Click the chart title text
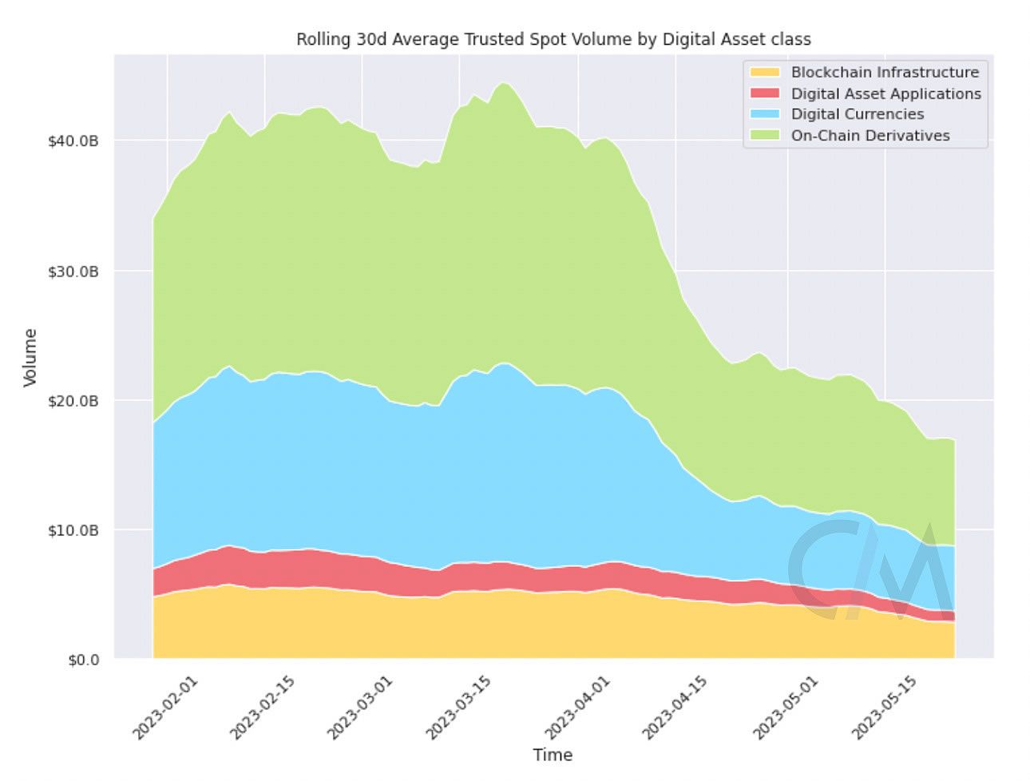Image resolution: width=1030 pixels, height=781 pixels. [553, 39]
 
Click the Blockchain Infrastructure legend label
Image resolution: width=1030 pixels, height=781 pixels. [884, 73]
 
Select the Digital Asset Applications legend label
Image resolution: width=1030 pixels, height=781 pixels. [885, 93]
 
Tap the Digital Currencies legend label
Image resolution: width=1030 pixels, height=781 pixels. [857, 114]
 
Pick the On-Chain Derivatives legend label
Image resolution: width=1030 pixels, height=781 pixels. [870, 136]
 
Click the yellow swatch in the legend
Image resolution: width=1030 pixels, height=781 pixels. [764, 73]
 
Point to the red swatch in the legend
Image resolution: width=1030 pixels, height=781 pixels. [764, 93]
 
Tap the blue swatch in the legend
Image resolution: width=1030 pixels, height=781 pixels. [764, 114]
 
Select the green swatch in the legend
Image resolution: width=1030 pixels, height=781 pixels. [764, 136]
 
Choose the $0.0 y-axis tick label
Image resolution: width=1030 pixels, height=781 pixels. [83, 660]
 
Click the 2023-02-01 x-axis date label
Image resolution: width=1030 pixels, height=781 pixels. [164, 708]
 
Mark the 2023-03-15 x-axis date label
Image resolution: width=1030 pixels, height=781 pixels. [458, 708]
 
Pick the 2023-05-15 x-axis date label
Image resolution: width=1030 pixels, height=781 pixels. [884, 708]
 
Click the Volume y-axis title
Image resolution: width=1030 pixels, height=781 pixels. [30, 358]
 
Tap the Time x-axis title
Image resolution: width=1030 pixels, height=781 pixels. [553, 755]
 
